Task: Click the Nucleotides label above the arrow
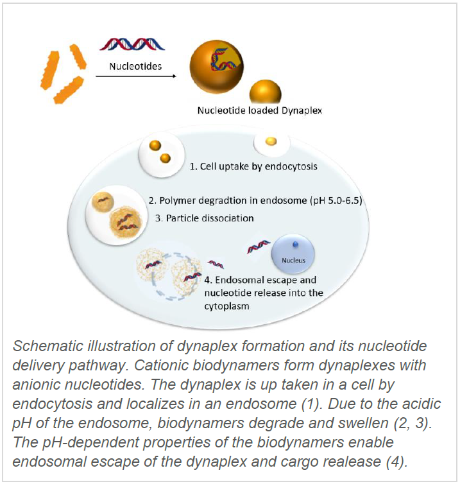[x=135, y=66]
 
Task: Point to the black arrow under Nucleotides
[x=136, y=76]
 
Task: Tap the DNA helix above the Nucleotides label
[x=132, y=44]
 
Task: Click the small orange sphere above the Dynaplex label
[x=266, y=91]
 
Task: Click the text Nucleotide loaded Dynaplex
[x=259, y=110]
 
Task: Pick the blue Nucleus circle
[x=293, y=254]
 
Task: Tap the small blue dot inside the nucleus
[x=296, y=245]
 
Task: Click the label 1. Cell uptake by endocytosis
[x=253, y=167]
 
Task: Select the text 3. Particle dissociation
[x=205, y=218]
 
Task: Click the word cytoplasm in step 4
[x=226, y=306]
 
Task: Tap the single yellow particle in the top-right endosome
[x=271, y=141]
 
